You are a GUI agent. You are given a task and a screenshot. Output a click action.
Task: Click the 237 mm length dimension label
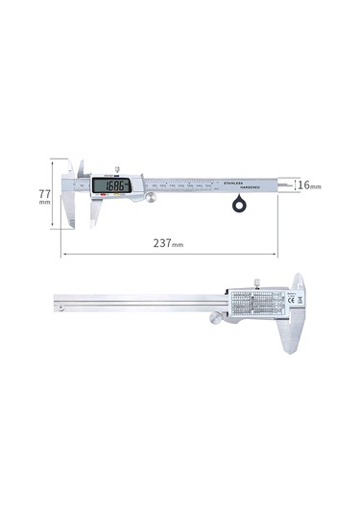tap(169, 244)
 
